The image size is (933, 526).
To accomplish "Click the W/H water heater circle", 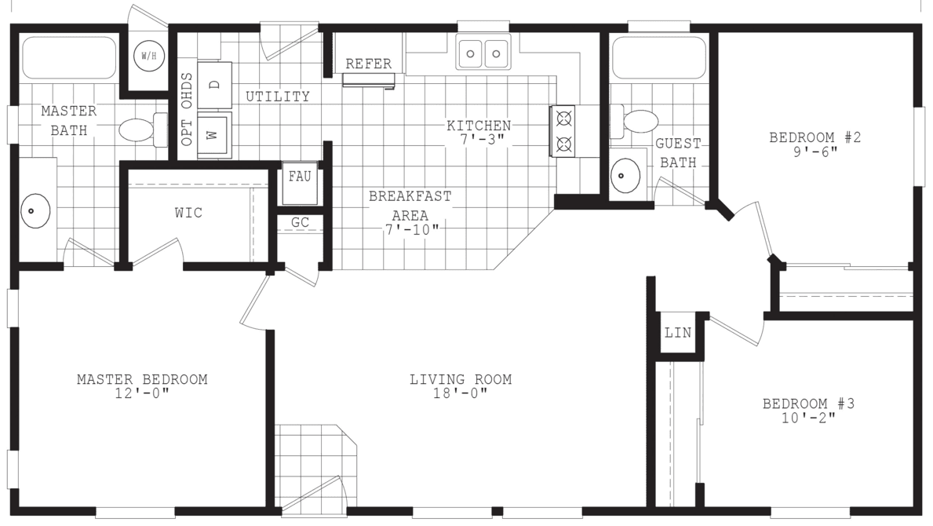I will [147, 56].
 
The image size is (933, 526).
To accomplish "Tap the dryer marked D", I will [214, 85].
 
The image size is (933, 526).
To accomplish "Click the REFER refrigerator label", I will [368, 64].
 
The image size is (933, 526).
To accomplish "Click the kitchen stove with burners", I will [563, 132].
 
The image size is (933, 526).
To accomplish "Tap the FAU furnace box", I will [299, 176].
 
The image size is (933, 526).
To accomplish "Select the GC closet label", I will [300, 223].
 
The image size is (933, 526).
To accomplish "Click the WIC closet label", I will [188, 214].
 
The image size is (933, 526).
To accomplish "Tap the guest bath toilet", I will [639, 122].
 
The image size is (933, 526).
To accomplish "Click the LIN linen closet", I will [678, 333].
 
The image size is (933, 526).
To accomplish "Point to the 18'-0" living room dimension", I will [461, 393].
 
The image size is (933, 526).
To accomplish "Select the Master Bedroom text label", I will [142, 380].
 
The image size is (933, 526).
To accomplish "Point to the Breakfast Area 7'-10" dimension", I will [410, 228].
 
